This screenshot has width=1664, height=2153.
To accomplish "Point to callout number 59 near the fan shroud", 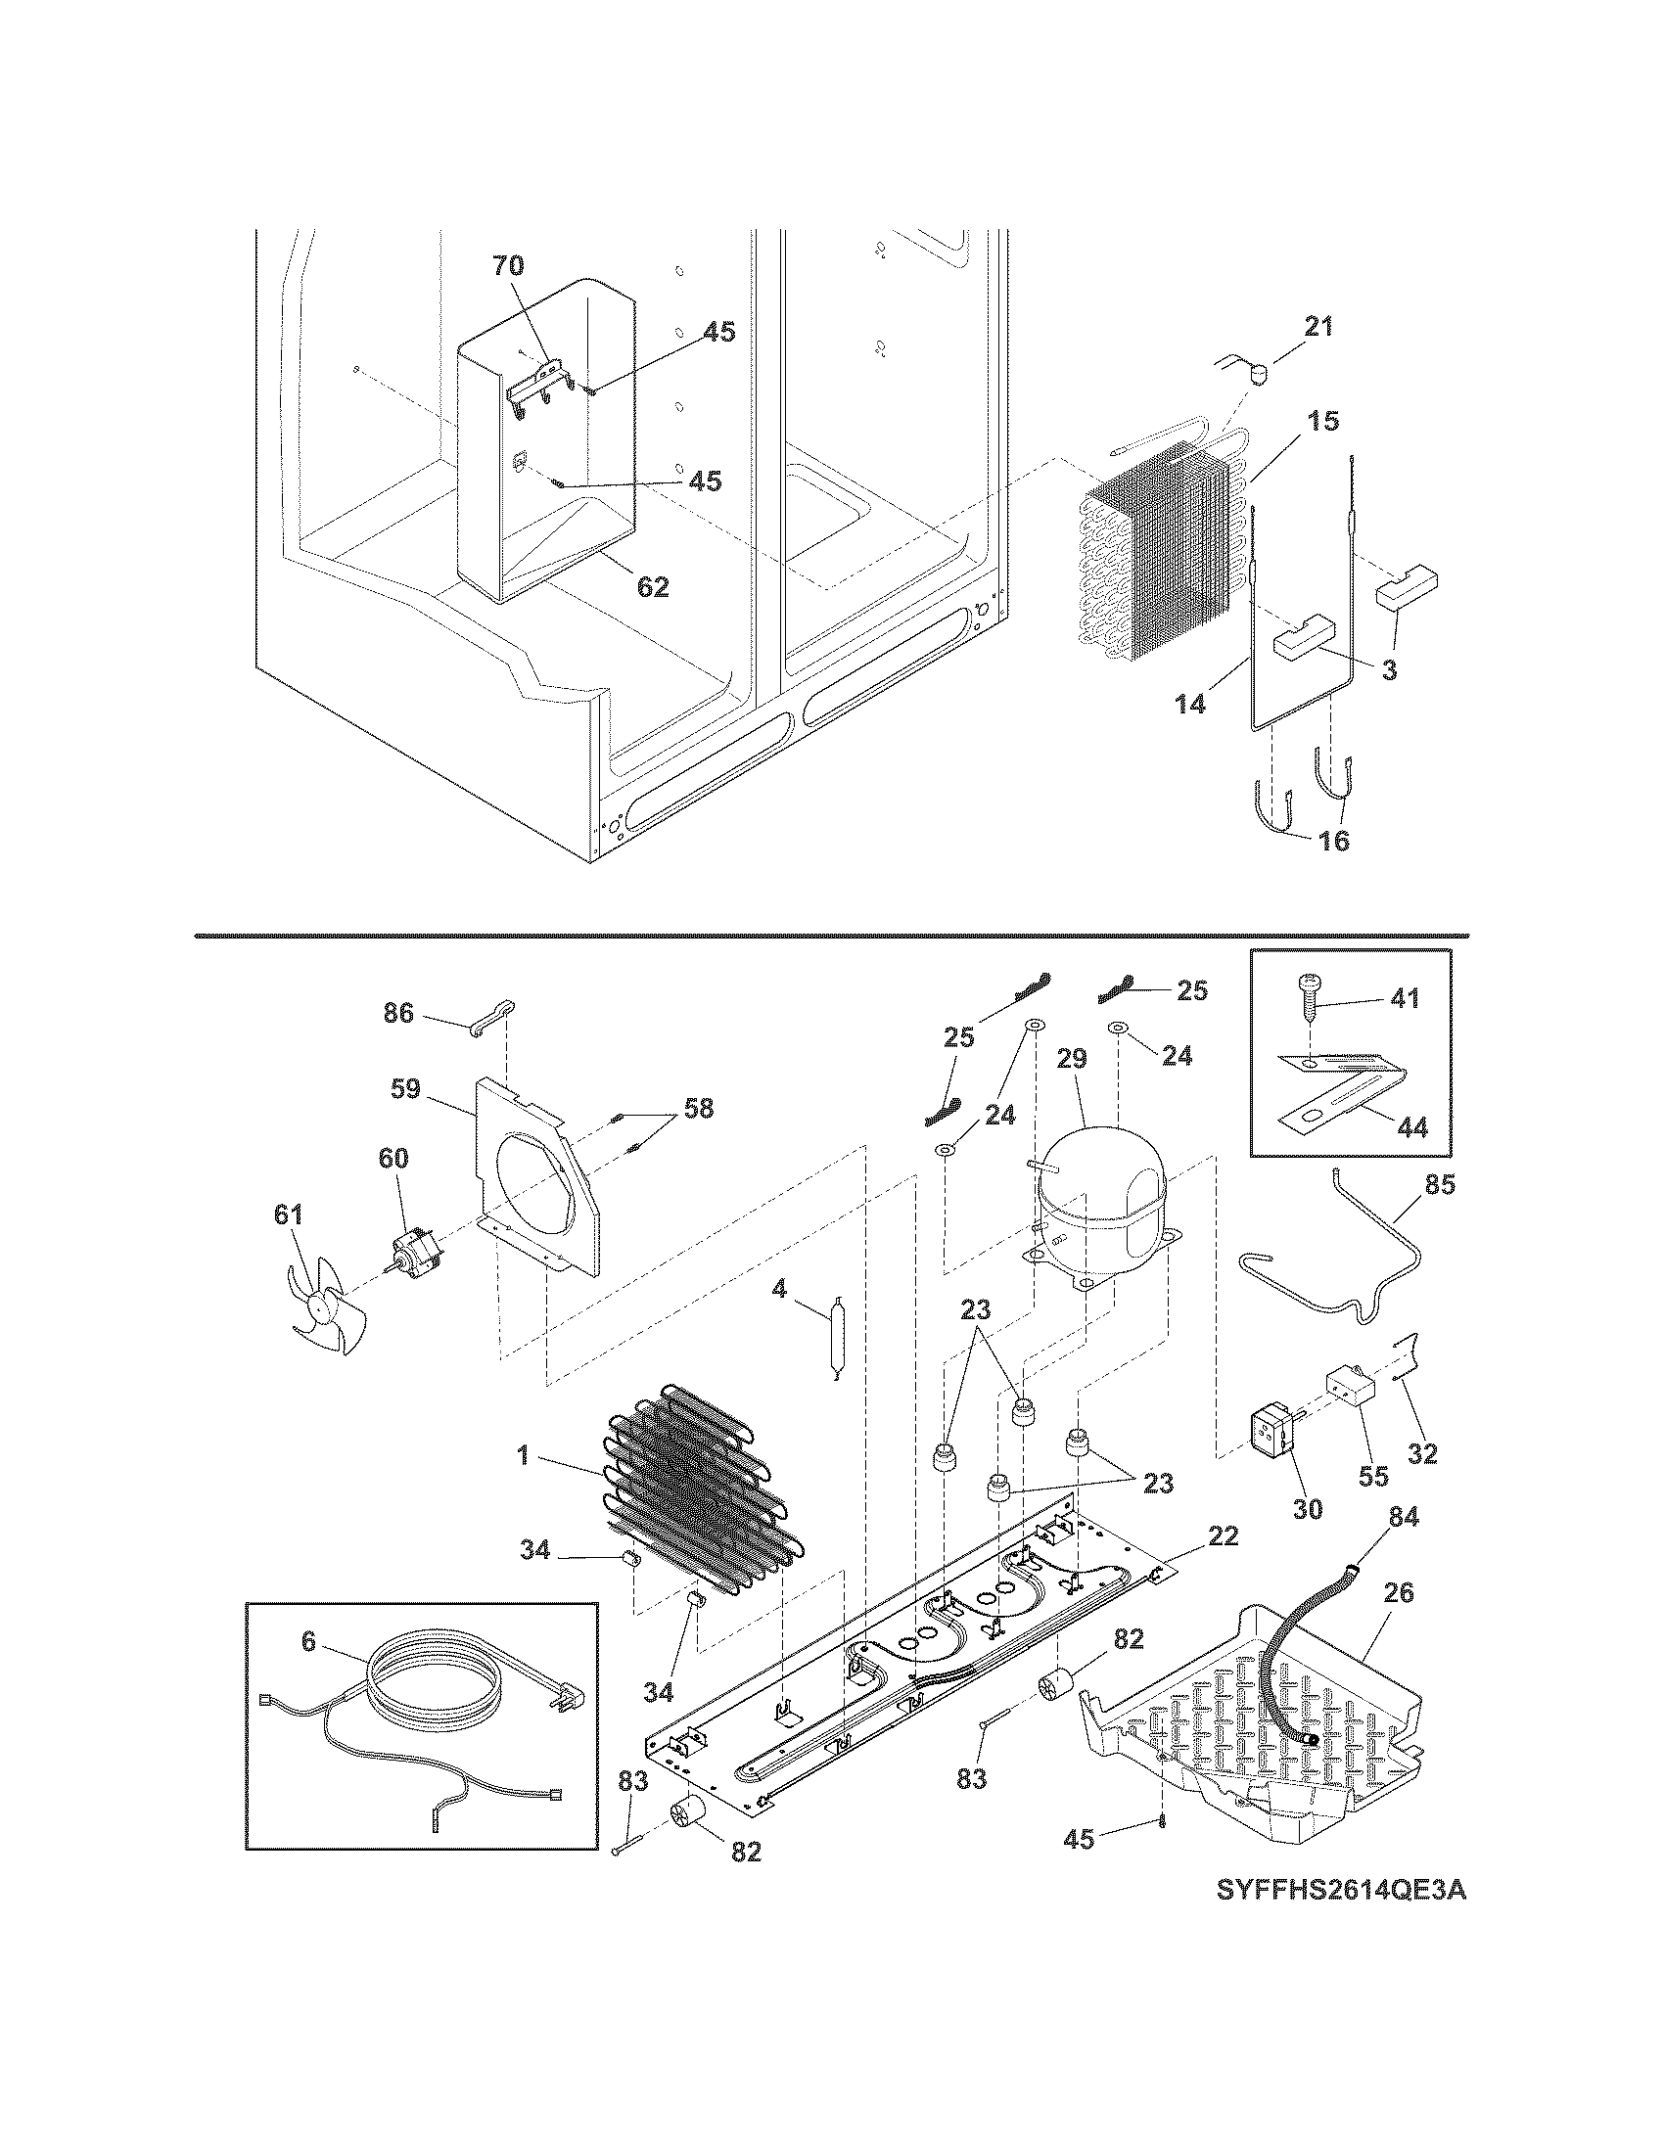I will click(405, 1088).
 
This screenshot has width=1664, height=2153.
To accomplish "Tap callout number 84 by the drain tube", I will click(1404, 1516).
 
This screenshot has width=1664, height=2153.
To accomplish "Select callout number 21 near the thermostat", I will click(1318, 326).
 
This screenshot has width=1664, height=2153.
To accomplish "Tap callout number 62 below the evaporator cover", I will click(653, 586).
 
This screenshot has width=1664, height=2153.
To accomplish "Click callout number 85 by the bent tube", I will click(1439, 1184).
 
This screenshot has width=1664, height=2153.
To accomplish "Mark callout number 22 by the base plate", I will click(1222, 1535).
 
